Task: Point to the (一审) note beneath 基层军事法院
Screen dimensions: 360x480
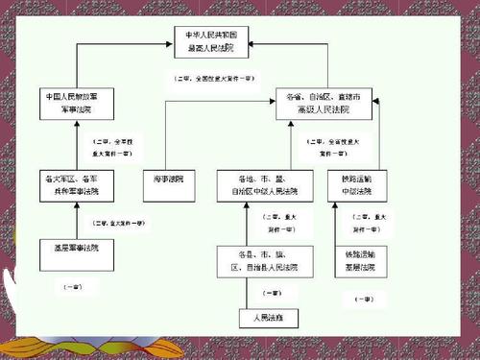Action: [x=72, y=287]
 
